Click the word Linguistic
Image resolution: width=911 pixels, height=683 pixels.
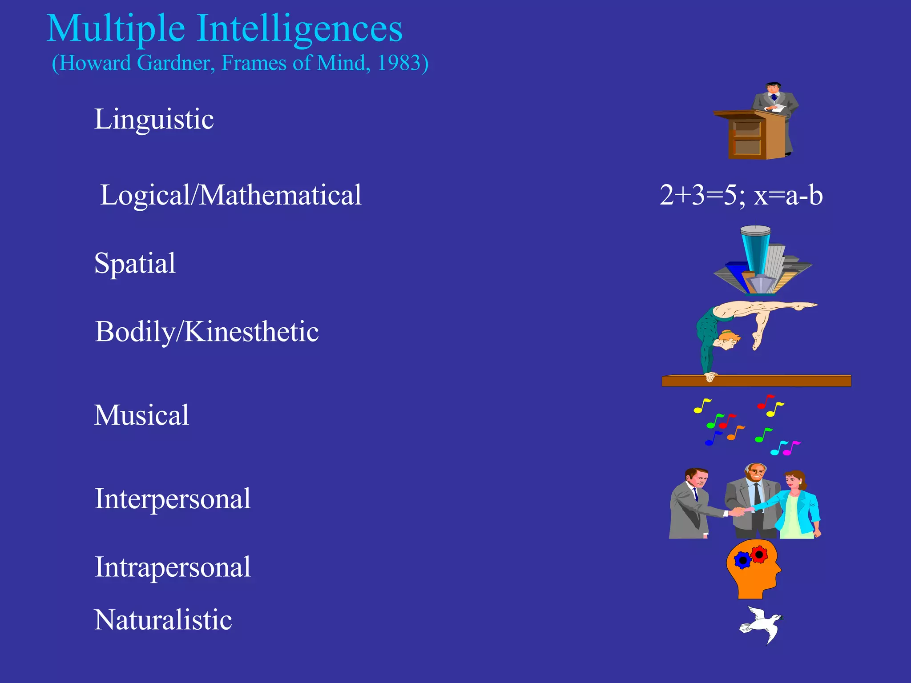tap(154, 119)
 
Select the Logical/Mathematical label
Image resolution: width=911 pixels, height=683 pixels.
tap(231, 195)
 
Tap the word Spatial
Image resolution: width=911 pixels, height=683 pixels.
tap(135, 263)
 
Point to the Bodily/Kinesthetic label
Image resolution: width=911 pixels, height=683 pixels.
tap(207, 332)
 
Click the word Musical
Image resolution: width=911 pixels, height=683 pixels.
tap(141, 415)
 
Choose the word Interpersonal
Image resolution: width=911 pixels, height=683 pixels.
tap(173, 498)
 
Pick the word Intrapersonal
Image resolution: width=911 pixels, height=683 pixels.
tap(173, 567)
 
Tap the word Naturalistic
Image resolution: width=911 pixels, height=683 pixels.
tap(163, 619)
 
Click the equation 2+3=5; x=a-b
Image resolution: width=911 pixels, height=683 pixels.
tap(741, 195)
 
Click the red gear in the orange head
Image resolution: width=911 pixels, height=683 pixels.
tap(759, 554)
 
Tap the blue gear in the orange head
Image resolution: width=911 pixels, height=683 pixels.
tap(742, 560)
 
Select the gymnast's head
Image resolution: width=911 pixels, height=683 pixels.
tap(728, 340)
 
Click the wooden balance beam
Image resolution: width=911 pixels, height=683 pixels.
tap(756, 381)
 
